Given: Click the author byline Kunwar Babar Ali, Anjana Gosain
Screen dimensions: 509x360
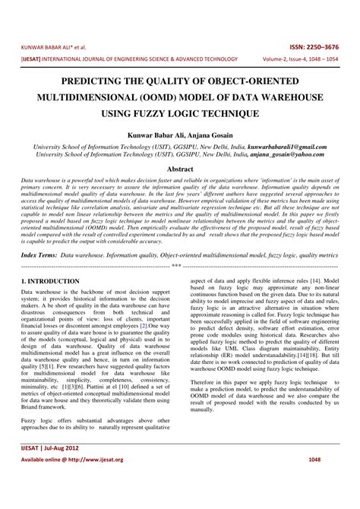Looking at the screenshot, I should [x=179, y=134].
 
